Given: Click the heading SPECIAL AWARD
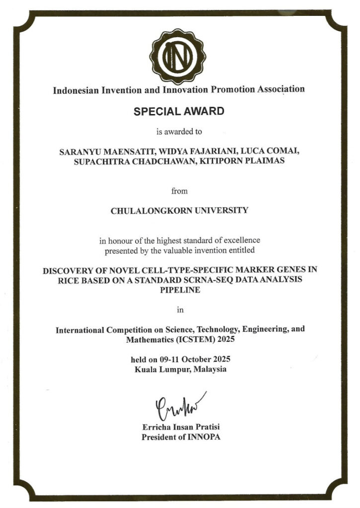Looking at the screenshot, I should point(179,112).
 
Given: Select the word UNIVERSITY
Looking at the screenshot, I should point(222,210).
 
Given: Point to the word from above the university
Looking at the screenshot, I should point(179,190).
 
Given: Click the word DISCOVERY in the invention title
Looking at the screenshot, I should point(68,270).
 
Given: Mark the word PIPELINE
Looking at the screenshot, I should point(179,290).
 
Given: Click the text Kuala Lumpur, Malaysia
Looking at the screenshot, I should point(180,370).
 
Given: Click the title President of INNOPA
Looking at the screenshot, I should point(180,437).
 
